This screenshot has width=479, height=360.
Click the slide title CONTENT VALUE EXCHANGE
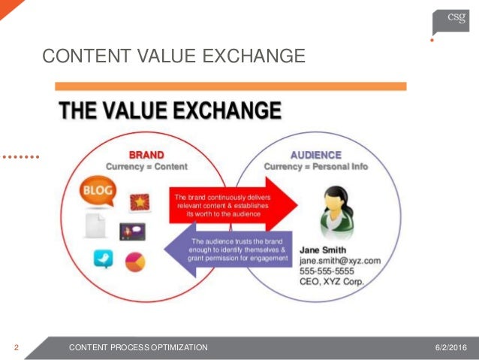tap(173, 56)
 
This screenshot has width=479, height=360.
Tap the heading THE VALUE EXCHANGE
tap(170, 112)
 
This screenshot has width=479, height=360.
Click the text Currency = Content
tap(146, 166)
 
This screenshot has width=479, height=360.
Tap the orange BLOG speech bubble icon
tap(98, 191)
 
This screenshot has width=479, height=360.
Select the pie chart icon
tap(135, 262)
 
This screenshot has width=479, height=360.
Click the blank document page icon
tap(95, 225)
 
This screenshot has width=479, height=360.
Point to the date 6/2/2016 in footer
tap(450, 347)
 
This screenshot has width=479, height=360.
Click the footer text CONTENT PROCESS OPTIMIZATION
tap(138, 347)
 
